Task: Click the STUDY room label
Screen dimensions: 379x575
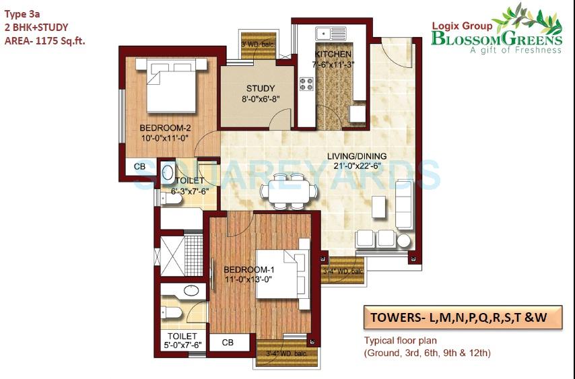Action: click(260, 88)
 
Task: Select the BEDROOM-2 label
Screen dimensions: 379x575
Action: click(162, 128)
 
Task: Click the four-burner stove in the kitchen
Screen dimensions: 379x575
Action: click(307, 85)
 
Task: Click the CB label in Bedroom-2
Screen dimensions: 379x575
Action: click(139, 166)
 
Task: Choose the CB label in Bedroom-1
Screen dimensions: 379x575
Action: click(228, 343)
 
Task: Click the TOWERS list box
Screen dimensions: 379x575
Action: click(463, 317)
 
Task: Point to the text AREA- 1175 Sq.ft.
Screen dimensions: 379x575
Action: click(45, 41)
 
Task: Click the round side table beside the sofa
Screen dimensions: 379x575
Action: click(404, 240)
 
